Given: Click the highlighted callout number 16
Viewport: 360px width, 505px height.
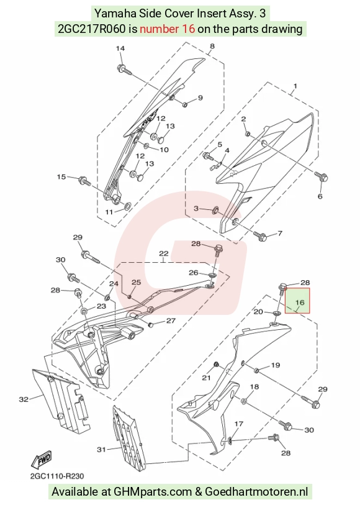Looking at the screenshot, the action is tap(300, 303).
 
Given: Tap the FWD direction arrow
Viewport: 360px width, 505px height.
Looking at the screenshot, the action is tap(41, 459).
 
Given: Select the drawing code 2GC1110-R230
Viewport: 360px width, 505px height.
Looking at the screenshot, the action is tap(57, 476).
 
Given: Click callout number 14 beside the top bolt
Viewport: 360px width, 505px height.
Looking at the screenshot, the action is tap(120, 48).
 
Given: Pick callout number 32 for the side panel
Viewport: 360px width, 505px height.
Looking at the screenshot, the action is tap(24, 399).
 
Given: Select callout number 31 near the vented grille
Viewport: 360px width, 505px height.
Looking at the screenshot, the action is tap(101, 449).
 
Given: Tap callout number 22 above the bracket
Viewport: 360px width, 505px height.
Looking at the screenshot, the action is tap(164, 253).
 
